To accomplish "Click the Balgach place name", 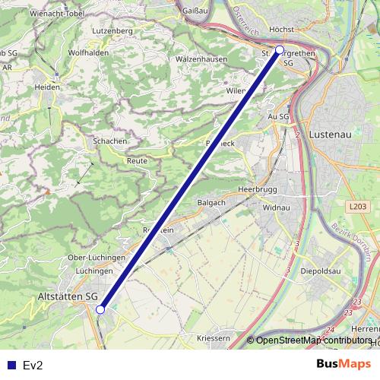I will [212, 203].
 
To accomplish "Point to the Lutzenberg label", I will [112, 31].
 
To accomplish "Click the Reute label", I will [138, 161].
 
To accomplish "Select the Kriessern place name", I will [213, 337].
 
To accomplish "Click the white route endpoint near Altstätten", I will [100, 309].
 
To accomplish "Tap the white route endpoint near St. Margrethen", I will [280, 50].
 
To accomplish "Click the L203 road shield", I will [359, 206].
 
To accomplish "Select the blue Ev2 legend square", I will [11, 365].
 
